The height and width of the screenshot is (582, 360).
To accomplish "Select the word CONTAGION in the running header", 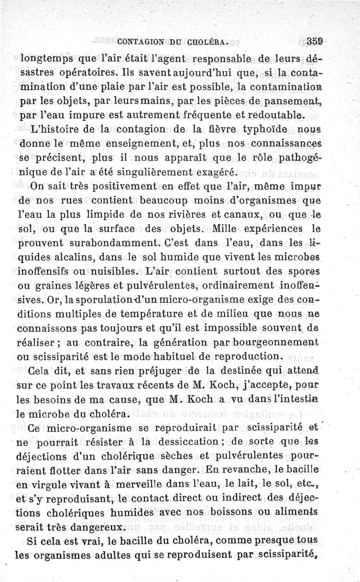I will click(140, 44).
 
